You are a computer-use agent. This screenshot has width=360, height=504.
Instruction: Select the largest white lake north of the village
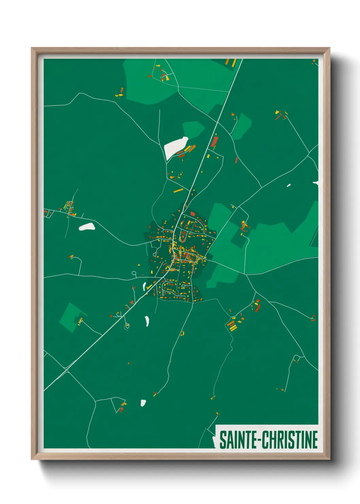pos(175,147)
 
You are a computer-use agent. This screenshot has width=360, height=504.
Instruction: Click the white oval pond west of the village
pos(87,226)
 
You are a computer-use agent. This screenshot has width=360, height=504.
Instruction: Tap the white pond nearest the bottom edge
pos(143,403)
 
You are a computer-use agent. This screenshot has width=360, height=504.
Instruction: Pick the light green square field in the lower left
pos(70,317)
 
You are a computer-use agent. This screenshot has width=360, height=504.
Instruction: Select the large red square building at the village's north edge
pos(193,214)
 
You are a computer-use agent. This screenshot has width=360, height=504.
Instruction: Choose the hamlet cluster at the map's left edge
pos(69,208)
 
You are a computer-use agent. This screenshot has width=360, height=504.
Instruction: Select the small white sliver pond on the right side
pos(289,185)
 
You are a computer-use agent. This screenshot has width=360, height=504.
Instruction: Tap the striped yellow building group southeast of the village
pos(232,325)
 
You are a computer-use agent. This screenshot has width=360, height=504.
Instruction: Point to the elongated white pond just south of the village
pos(147,321)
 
